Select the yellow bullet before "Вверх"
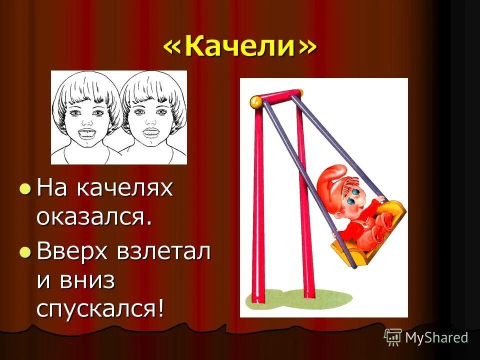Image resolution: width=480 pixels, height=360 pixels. tap(25, 251)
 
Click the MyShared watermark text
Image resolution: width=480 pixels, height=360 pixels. tap(436, 337)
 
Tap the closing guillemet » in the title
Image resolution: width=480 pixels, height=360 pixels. tap(307, 47)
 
